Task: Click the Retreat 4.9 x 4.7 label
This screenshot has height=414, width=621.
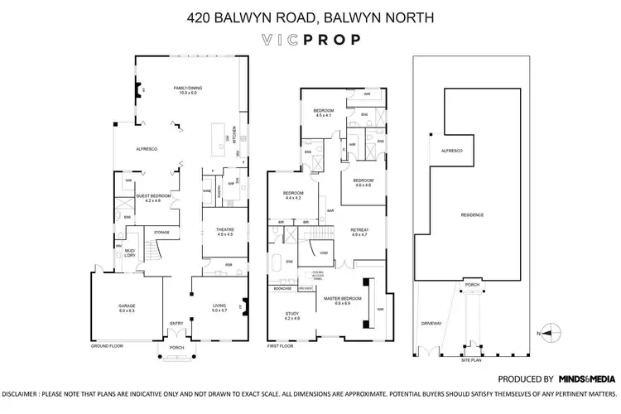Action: (359, 232)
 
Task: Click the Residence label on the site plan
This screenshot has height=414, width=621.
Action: (472, 214)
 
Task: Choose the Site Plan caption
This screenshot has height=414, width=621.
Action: (473, 361)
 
